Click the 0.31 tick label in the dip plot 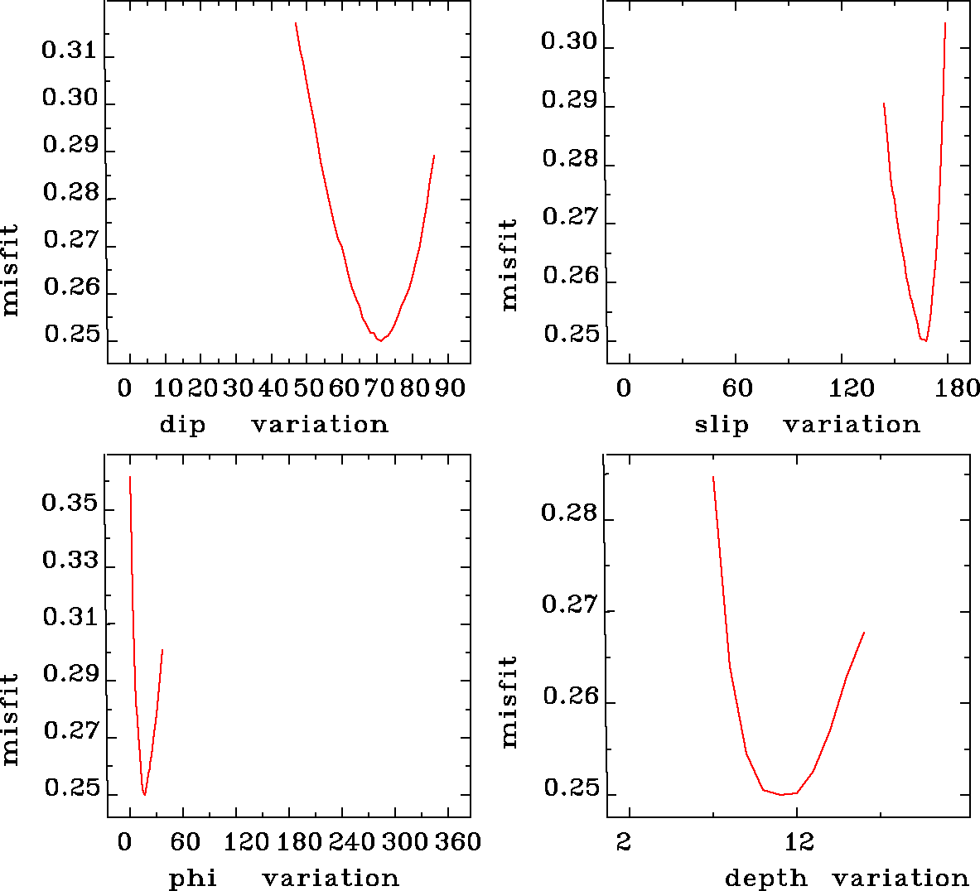(69, 51)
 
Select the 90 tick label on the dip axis (450, 388)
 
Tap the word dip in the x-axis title (182, 425)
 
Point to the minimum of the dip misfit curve (379, 340)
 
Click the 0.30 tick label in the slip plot (569, 41)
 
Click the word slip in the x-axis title (721, 425)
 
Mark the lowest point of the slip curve (924, 340)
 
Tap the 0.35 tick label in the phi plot (69, 504)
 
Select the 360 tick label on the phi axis (458, 842)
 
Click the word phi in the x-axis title (192, 879)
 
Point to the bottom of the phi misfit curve (145, 794)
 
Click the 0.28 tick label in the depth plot (569, 513)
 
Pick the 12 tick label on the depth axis (799, 842)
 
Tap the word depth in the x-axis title (765, 879)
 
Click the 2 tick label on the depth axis (624, 842)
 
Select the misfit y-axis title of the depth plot (509, 702)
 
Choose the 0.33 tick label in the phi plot (69, 561)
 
